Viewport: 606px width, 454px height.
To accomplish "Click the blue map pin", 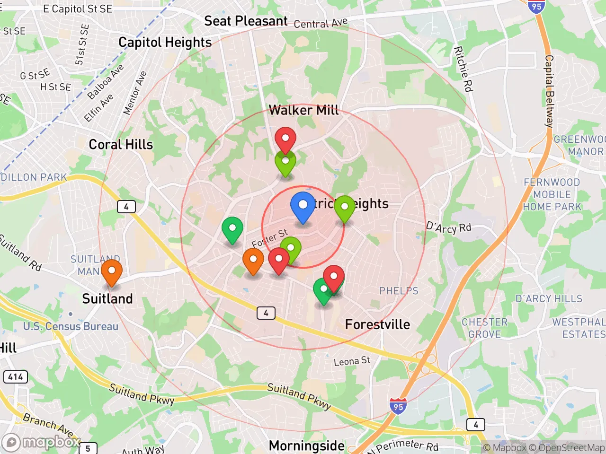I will [x=303, y=206].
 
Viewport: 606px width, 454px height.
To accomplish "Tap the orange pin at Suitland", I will [x=112, y=272].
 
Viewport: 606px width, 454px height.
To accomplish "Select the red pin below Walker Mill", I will [x=285, y=140].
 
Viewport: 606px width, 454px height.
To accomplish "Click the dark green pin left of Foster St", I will [x=232, y=229].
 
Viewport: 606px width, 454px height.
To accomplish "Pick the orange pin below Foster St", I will [x=253, y=261].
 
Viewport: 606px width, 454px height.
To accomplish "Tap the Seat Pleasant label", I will [x=246, y=21].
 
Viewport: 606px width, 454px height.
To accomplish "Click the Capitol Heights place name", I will [x=165, y=43].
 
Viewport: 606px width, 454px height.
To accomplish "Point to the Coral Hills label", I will [x=121, y=145].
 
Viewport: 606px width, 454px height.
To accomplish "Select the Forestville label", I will [x=377, y=324].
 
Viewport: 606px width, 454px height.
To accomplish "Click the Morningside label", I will [x=306, y=445].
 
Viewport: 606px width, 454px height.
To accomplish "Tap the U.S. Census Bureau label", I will [x=71, y=326].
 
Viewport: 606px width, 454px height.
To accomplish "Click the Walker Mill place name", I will [x=303, y=111].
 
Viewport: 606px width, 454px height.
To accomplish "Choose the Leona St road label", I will [x=352, y=361].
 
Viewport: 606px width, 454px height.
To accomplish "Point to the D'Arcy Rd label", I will [x=448, y=227].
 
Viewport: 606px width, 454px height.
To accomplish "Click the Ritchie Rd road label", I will [x=463, y=69].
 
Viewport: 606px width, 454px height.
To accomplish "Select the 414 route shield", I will [x=16, y=376].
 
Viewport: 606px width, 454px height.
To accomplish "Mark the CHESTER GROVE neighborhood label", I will [x=484, y=328].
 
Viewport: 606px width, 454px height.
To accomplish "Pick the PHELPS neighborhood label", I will [x=399, y=290].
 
